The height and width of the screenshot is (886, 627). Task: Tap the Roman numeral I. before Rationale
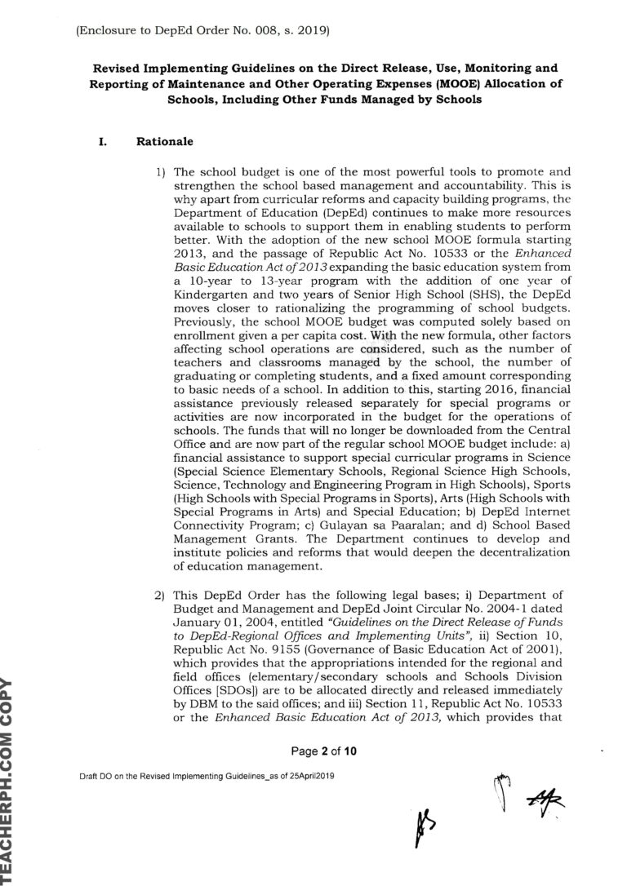pyautogui.click(x=103, y=141)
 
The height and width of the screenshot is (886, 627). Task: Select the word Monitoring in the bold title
pyautogui.click(x=500, y=68)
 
